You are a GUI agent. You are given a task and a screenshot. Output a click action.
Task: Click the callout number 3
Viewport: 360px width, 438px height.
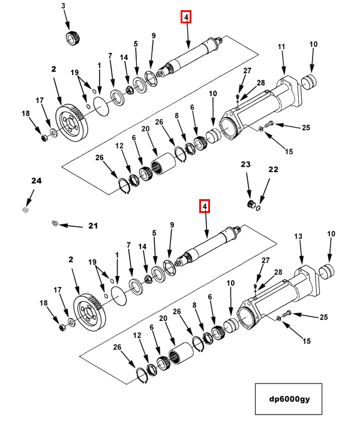point(64,6)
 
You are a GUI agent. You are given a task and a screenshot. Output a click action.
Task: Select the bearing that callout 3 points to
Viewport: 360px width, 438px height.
point(73,38)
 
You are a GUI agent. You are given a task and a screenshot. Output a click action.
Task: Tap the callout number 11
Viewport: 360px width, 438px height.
point(281,47)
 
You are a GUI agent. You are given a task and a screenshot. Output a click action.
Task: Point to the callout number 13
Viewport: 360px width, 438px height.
point(298,236)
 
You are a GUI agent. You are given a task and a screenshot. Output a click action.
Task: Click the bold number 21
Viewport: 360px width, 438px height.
point(93,226)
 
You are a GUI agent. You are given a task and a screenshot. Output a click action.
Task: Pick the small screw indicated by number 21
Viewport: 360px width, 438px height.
point(55,223)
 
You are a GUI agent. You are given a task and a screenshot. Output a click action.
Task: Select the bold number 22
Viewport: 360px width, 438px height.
point(273,170)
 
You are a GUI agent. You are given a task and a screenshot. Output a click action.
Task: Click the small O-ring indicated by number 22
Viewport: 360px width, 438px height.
point(259,208)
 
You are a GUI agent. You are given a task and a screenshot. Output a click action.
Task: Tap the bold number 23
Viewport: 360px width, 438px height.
point(246,164)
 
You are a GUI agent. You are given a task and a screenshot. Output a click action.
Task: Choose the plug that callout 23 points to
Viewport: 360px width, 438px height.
point(251,204)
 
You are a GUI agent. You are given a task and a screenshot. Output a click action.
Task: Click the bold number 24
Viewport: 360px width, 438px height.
point(37,181)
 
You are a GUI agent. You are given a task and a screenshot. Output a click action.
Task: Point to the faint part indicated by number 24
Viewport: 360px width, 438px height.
point(25,209)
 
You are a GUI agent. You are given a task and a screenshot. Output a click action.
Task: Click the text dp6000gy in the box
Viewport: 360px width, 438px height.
point(289,399)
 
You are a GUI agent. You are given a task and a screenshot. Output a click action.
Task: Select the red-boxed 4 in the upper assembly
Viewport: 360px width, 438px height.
point(186,17)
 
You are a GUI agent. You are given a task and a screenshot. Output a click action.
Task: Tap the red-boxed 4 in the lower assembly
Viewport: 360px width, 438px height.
point(205,206)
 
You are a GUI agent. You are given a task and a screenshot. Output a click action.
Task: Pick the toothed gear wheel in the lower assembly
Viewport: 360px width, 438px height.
point(90,313)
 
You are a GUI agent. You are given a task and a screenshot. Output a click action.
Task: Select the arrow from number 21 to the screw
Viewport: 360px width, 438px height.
point(71,226)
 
